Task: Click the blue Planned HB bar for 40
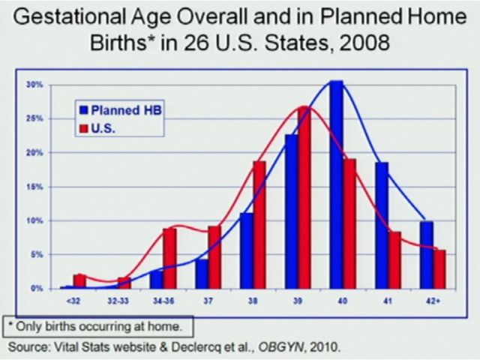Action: (336, 184)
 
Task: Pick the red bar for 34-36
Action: (169, 258)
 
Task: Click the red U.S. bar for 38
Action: (259, 225)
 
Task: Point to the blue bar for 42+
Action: (427, 255)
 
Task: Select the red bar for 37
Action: (214, 257)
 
